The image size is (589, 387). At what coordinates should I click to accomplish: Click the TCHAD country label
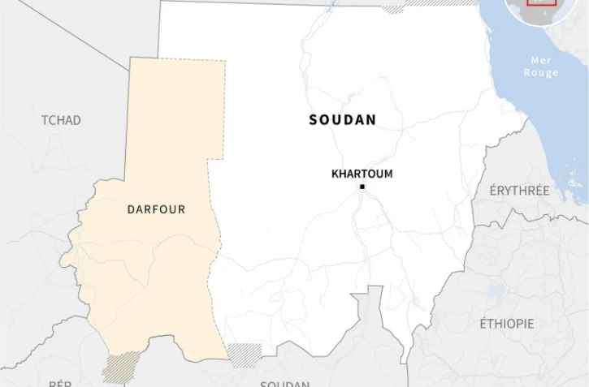coord(61,120)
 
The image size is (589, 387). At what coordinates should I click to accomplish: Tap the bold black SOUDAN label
coord(342,120)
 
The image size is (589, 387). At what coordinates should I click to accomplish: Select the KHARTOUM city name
coord(362,174)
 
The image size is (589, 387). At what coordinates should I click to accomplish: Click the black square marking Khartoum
coord(362,187)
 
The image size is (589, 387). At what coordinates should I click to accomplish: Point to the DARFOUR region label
coord(156,209)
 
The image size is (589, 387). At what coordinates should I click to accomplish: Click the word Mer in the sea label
coord(541,61)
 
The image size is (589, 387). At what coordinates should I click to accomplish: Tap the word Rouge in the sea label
coord(541,73)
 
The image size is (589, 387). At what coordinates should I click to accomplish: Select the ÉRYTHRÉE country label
coord(519,191)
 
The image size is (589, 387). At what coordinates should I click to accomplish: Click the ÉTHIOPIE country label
coord(507,324)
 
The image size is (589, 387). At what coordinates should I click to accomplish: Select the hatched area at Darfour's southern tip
coord(121,367)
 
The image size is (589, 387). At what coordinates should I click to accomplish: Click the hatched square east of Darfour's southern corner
coord(244,354)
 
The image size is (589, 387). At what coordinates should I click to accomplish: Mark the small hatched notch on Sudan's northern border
coord(392,10)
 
